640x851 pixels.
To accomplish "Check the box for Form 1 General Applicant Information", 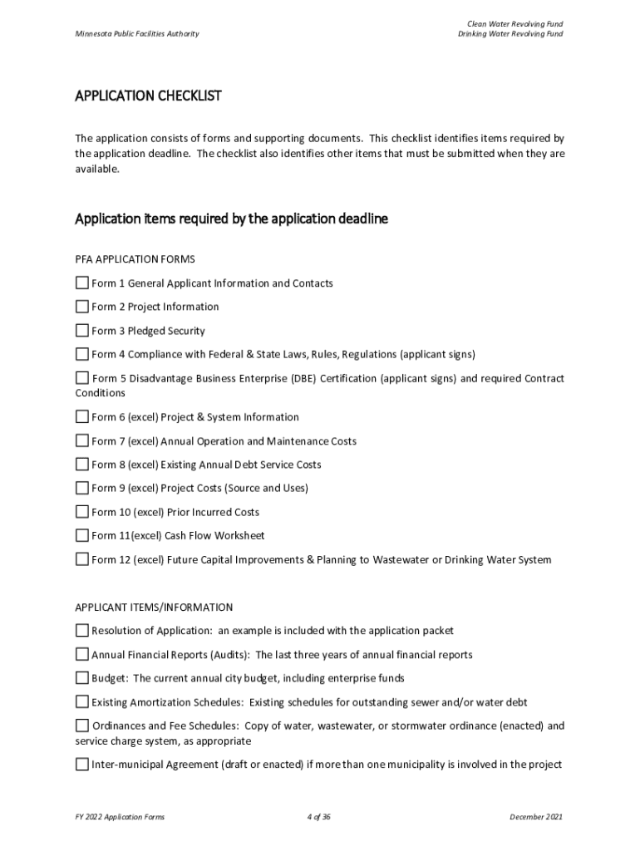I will pyautogui.click(x=81, y=283).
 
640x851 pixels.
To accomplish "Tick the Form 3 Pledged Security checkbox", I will pyautogui.click(x=81, y=330).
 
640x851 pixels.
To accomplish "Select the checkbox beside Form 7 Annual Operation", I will pyautogui.click(x=81, y=440).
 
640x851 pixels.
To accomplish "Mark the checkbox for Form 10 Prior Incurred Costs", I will pyautogui.click(x=81, y=511).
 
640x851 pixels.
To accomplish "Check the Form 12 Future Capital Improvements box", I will pyautogui.click(x=81, y=559).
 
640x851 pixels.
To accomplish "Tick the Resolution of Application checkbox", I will pyautogui.click(x=81, y=630).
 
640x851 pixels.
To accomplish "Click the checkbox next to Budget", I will pyautogui.click(x=81, y=677).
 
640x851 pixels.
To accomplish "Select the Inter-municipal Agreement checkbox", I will pyautogui.click(x=81, y=764).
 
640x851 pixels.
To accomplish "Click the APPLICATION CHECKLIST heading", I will pyautogui.click(x=148, y=96).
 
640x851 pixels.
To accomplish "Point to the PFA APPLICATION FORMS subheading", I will pyautogui.click(x=135, y=259).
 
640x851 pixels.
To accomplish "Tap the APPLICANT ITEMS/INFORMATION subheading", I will pyautogui.click(x=154, y=608).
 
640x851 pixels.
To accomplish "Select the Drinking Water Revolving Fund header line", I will pyautogui.click(x=510, y=34).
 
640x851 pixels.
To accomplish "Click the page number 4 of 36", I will pyautogui.click(x=319, y=817).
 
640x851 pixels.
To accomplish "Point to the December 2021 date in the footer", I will pyautogui.click(x=536, y=817).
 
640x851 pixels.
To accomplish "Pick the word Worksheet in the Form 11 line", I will pyautogui.click(x=239, y=535).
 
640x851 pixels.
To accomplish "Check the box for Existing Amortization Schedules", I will pyautogui.click(x=81, y=701).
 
